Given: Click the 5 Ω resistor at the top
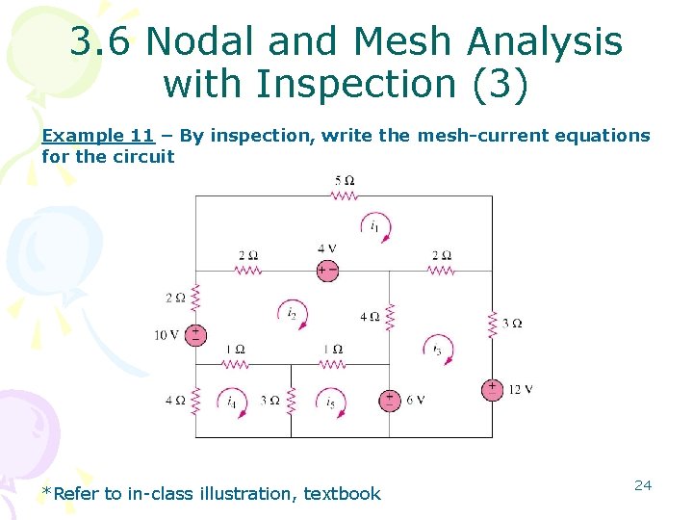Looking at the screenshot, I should [344, 195].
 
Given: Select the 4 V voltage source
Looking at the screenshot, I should [328, 271].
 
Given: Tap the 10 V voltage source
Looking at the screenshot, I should [195, 335].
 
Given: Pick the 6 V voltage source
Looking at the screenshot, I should [390, 400].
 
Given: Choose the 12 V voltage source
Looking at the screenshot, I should [492, 389].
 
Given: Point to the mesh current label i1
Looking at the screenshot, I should [374, 226].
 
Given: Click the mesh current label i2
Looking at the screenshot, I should [291, 312].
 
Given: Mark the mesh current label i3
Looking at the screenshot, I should [438, 349].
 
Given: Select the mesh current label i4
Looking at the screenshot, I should [232, 402].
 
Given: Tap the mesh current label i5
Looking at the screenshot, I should [330, 402].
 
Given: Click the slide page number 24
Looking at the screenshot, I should [643, 485].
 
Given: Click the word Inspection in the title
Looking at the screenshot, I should [367, 84].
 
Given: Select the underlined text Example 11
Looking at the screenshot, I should [97, 136].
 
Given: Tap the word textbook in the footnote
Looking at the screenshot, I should [343, 494].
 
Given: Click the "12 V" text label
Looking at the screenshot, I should [521, 389].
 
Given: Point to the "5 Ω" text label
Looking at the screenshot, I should [345, 180].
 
